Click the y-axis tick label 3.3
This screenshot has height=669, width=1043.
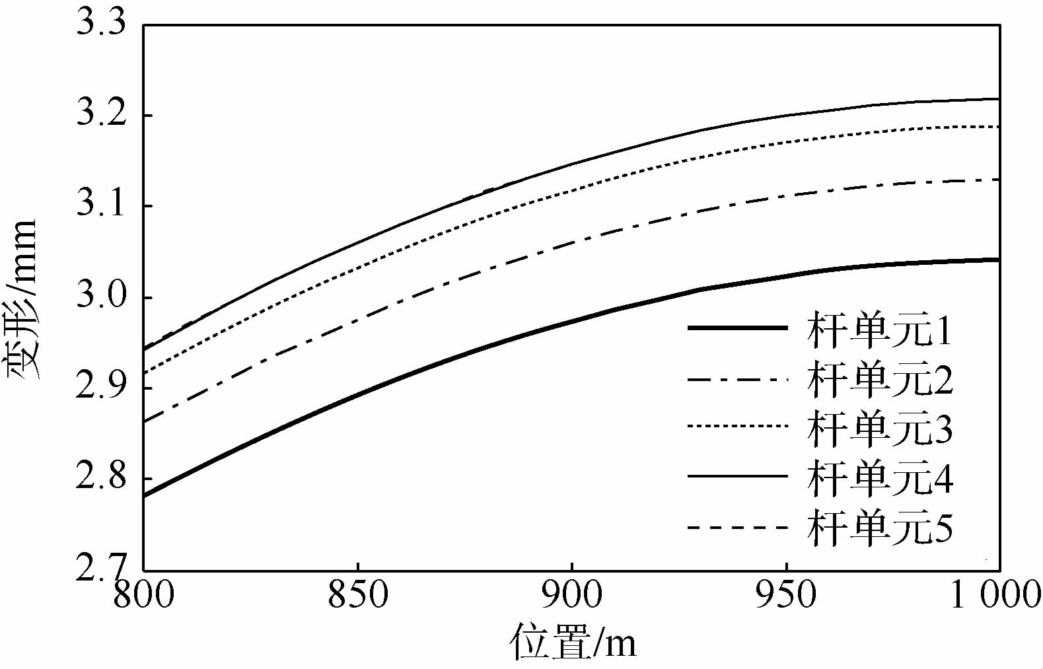pyautogui.click(x=100, y=24)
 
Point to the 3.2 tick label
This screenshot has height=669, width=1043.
pyautogui.click(x=100, y=114)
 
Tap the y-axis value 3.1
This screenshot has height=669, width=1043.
pyautogui.click(x=100, y=205)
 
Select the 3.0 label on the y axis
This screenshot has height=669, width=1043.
pyautogui.click(x=100, y=297)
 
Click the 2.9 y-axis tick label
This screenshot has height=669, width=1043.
pyautogui.click(x=100, y=386)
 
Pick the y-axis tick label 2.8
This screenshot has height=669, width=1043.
pyautogui.click(x=100, y=477)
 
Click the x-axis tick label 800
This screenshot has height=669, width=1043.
pyautogui.click(x=143, y=595)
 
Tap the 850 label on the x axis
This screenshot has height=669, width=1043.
pyautogui.click(x=357, y=595)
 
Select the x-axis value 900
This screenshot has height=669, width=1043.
pyautogui.click(x=571, y=595)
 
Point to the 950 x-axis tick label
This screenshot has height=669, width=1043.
pyautogui.click(x=786, y=595)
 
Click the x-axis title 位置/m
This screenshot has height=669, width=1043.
pyautogui.click(x=573, y=642)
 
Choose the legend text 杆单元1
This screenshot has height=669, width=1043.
pyautogui.click(x=879, y=330)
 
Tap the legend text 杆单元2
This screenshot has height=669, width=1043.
pyautogui.click(x=879, y=380)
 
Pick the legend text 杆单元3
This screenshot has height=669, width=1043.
pyautogui.click(x=879, y=429)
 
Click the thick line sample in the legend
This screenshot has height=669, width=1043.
pyautogui.click(x=737, y=328)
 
